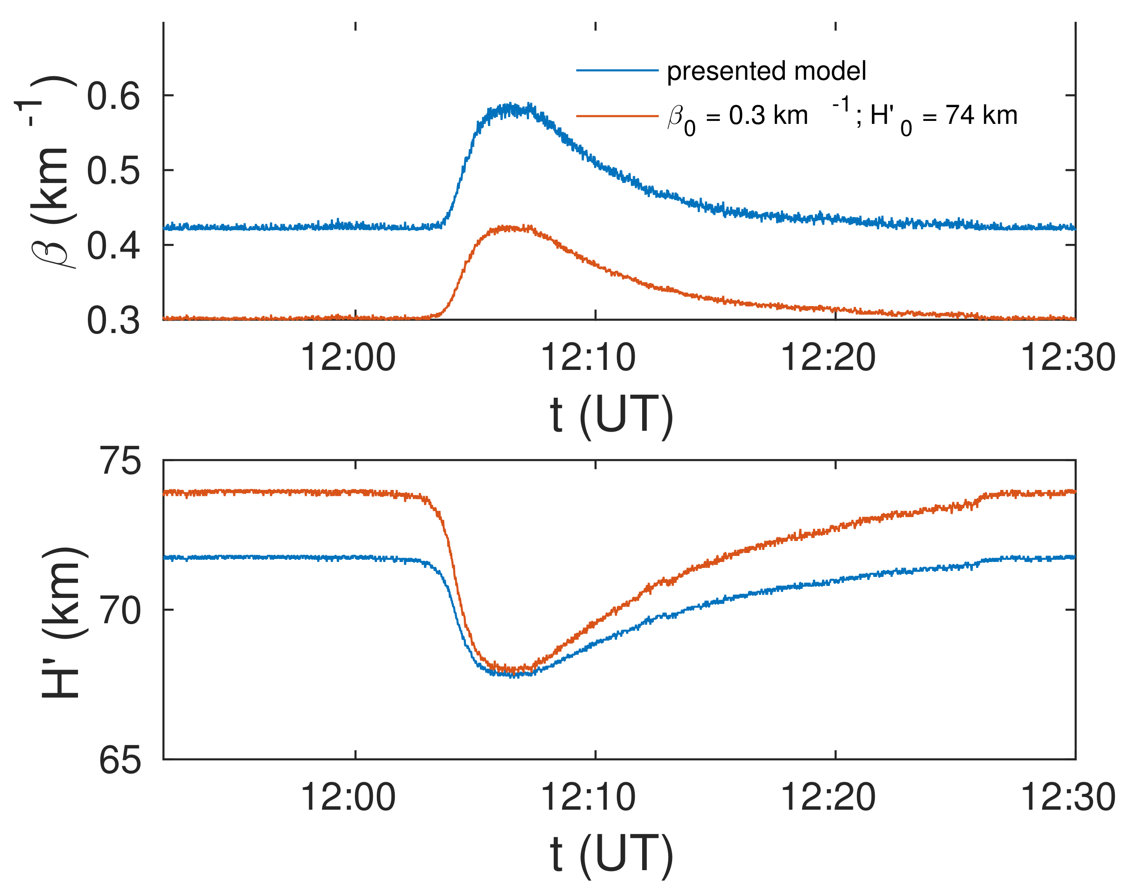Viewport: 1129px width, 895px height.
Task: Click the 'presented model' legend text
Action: (x=766, y=71)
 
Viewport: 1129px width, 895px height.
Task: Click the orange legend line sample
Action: (x=617, y=115)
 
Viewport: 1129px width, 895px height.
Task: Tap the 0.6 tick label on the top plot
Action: (x=114, y=96)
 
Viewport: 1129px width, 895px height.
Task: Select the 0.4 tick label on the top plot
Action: (x=114, y=246)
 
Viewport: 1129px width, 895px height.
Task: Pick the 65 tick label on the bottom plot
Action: (x=120, y=760)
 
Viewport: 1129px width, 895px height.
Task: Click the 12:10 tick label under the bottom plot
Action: (x=588, y=798)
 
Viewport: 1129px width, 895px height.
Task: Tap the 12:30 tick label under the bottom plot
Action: (x=1068, y=798)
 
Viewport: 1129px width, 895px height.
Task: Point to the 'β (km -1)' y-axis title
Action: (x=50, y=173)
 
